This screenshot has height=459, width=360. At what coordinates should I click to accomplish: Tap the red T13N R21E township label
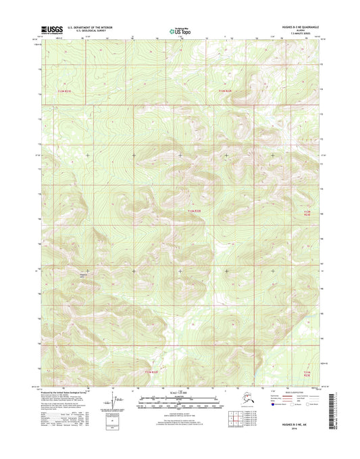point(64,91)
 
